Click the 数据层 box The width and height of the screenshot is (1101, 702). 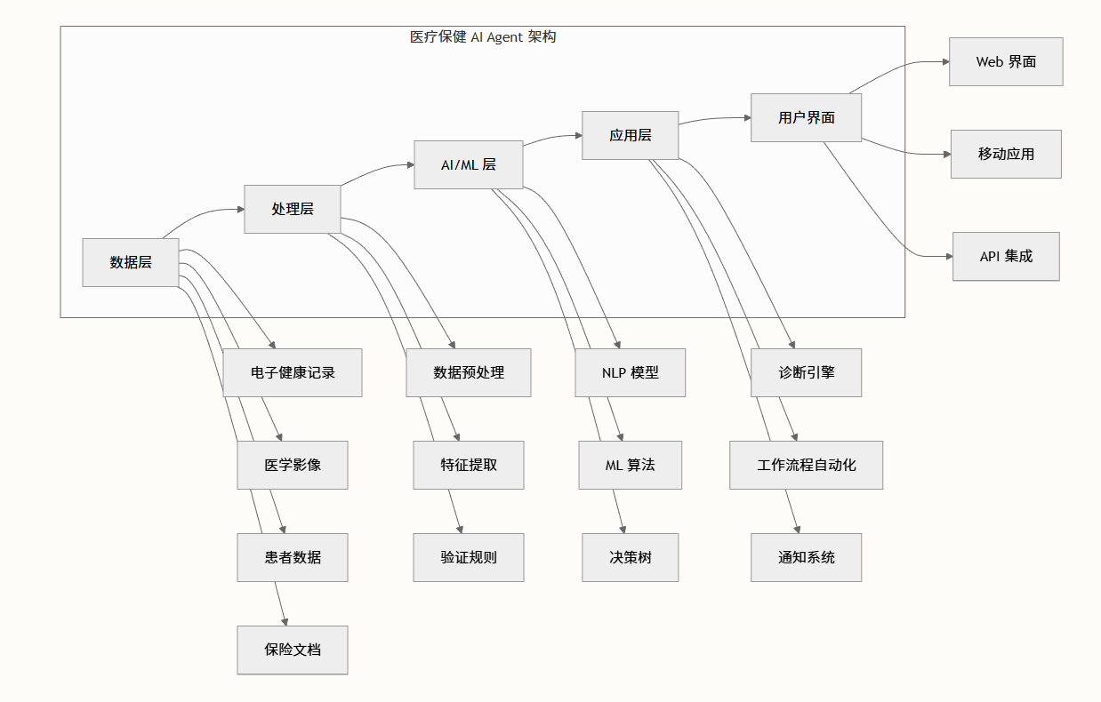click(131, 262)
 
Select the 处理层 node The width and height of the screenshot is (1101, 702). click(293, 209)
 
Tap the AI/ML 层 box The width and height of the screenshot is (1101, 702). click(469, 164)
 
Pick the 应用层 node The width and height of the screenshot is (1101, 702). click(631, 135)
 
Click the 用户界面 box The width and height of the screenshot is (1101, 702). click(807, 117)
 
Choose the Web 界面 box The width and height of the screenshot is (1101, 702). click(1006, 61)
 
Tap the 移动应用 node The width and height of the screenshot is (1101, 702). click(1006, 154)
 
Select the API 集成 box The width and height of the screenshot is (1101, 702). click(1006, 256)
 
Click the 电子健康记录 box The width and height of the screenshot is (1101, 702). click(293, 372)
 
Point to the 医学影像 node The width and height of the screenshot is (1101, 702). click(293, 465)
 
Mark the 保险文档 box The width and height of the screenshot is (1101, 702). click(293, 650)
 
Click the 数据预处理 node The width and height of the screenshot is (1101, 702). click(469, 372)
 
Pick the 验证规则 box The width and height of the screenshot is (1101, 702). click(469, 557)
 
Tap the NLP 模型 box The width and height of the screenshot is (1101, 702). click(631, 372)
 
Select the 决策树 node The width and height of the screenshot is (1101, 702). click(631, 557)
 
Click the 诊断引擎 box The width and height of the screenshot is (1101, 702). click(807, 372)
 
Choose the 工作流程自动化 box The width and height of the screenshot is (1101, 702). click(807, 465)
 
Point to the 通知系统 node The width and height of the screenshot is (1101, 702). click(807, 557)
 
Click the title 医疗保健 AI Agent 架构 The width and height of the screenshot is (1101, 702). click(483, 37)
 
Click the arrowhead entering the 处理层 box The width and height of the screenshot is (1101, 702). click(240, 210)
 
